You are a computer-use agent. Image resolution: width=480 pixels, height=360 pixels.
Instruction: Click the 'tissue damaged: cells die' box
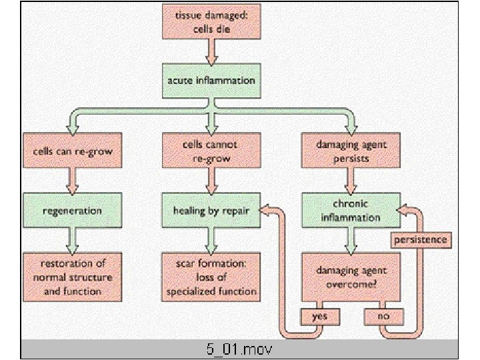211,23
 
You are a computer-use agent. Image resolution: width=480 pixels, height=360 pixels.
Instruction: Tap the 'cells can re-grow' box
73,151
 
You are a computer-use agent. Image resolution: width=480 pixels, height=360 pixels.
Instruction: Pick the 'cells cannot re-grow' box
211,151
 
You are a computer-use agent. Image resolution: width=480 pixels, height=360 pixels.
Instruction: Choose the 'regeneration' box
73,210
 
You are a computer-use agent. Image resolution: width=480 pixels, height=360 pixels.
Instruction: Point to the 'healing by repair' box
211,210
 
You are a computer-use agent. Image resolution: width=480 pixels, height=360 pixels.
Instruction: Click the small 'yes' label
321,316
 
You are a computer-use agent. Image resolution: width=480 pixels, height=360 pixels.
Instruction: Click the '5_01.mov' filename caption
239,349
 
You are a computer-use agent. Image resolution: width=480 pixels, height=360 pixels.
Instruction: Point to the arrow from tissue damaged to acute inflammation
211,51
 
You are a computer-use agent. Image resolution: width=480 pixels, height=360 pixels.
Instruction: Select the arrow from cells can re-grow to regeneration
73,179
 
